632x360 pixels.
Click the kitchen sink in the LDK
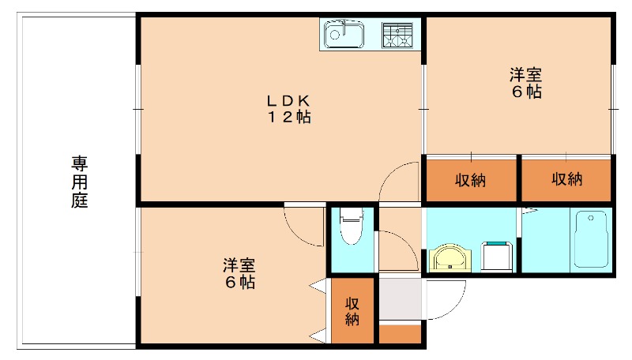[x=344, y=35]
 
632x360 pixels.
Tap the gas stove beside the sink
[x=398, y=34]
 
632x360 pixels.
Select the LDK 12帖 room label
[x=288, y=109]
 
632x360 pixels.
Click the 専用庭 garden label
[x=80, y=182]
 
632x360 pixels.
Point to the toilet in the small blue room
[x=349, y=228]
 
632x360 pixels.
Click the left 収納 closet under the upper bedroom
[x=470, y=180]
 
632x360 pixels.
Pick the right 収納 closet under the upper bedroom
[x=566, y=179]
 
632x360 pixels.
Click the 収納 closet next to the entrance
[x=352, y=310]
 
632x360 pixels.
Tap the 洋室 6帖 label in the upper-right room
[x=525, y=84]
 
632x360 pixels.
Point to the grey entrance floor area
[x=401, y=298]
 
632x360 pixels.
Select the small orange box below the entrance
[x=400, y=333]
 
